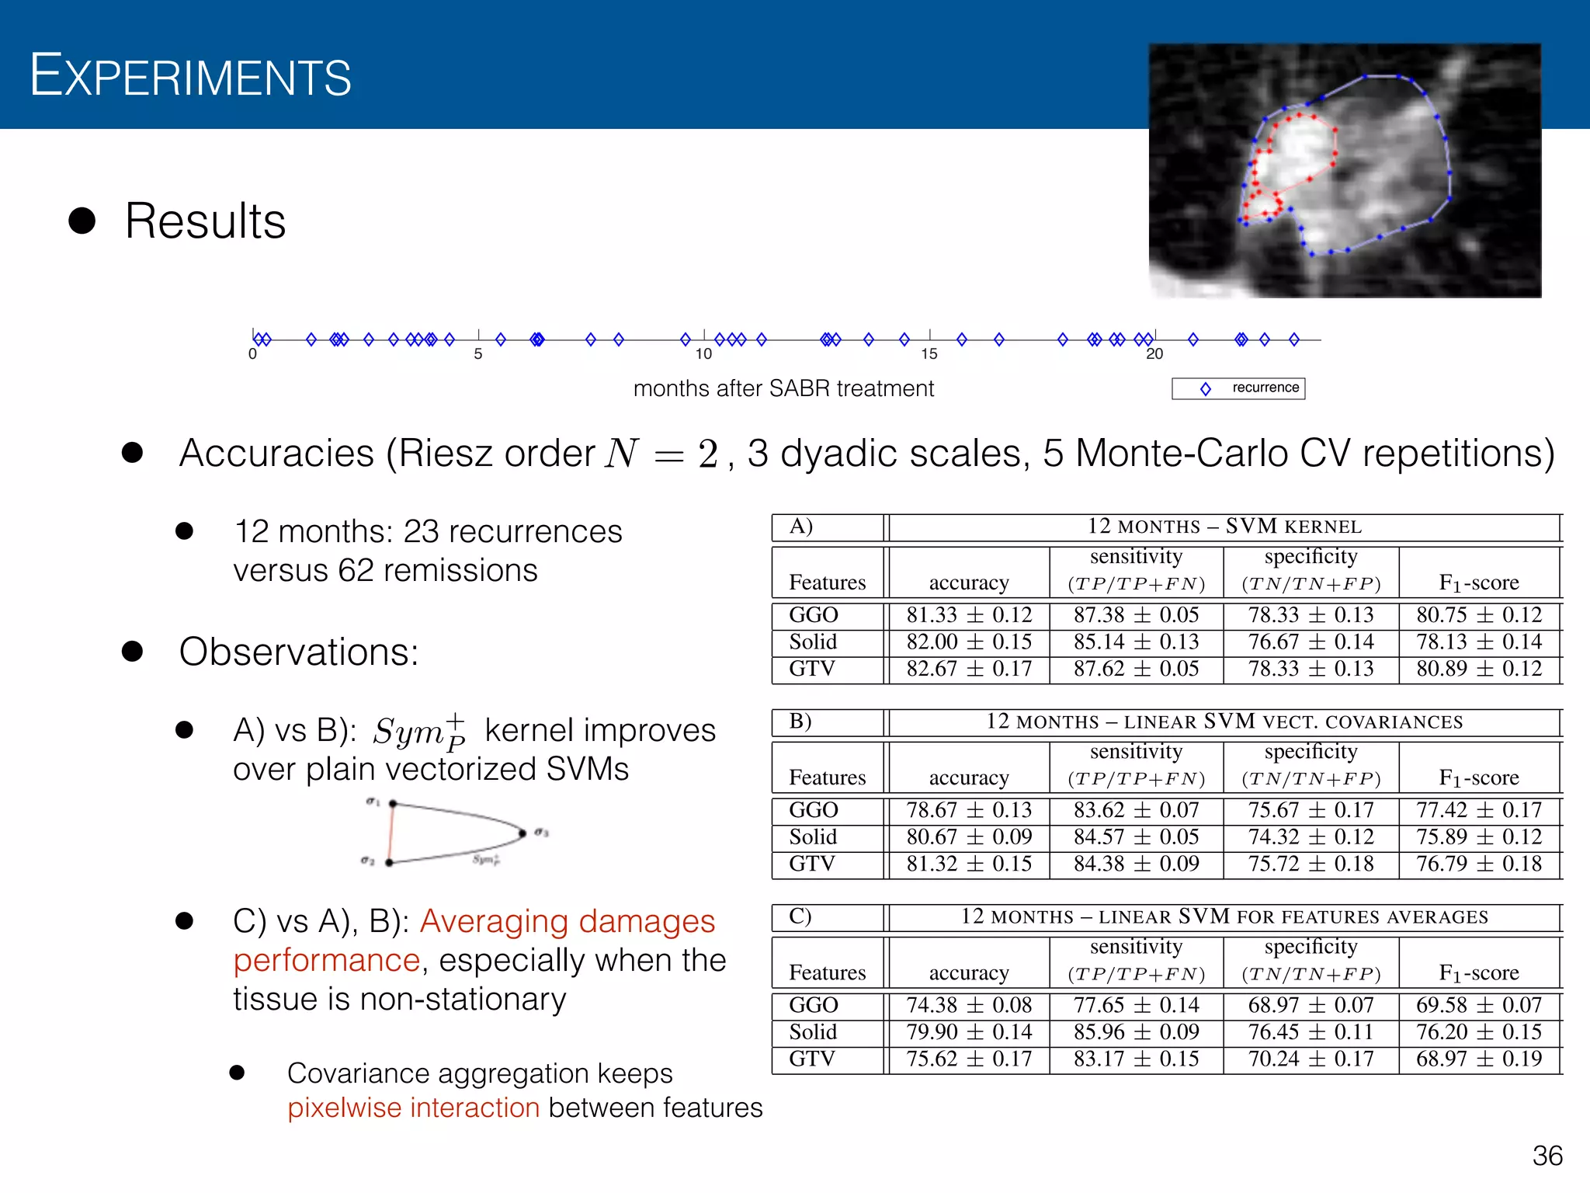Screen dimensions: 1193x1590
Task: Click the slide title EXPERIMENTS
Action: (190, 76)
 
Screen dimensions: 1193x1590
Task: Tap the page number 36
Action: (1547, 1156)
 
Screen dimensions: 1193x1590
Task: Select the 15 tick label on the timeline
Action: (929, 354)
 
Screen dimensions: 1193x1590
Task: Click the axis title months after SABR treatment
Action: (783, 388)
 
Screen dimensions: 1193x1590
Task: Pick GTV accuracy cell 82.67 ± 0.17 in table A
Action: (969, 669)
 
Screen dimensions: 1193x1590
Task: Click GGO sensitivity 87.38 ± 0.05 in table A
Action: (1136, 615)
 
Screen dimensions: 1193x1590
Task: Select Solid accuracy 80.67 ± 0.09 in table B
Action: (969, 837)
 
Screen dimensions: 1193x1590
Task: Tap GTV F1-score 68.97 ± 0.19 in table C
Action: (1478, 1059)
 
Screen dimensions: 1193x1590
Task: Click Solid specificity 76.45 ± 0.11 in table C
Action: (1311, 1032)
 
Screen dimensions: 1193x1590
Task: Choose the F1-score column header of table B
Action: (1478, 777)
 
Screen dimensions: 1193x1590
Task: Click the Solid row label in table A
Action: (813, 642)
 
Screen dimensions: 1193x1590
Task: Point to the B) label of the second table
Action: (800, 722)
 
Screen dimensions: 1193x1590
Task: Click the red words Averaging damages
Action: (567, 921)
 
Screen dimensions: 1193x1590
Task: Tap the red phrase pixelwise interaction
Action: (413, 1108)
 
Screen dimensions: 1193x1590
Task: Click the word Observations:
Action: (299, 652)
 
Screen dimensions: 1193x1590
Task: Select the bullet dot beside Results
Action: (82, 221)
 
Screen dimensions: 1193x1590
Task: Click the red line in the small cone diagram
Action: (391, 833)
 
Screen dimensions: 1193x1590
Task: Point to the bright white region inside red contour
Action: (1297, 151)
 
